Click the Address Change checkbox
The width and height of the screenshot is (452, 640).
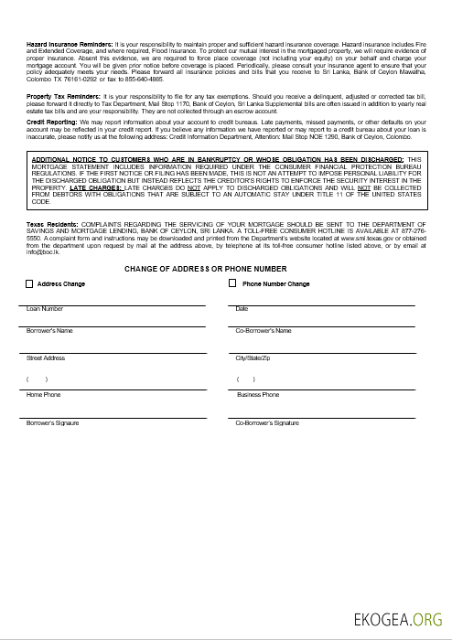(x=29, y=284)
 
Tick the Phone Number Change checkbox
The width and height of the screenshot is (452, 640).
(x=232, y=284)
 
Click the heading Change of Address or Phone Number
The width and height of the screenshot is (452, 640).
(x=205, y=269)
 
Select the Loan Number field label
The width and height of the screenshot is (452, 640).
(x=45, y=309)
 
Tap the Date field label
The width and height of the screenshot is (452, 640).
(x=242, y=309)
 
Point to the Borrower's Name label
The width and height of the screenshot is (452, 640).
(x=49, y=330)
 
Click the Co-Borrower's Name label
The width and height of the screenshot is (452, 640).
(x=264, y=330)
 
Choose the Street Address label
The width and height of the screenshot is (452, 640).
(x=46, y=357)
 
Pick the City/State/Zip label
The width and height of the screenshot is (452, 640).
(x=253, y=357)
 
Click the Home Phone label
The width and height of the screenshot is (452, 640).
(x=43, y=395)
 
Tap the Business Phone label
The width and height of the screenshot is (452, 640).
(x=258, y=395)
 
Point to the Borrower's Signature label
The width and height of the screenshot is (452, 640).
(x=53, y=423)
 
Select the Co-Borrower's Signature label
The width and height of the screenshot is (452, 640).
(x=267, y=423)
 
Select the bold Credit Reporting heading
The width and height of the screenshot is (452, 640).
(x=51, y=121)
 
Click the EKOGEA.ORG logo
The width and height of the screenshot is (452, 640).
(x=399, y=619)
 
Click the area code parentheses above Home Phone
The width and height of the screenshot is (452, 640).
(x=37, y=379)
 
